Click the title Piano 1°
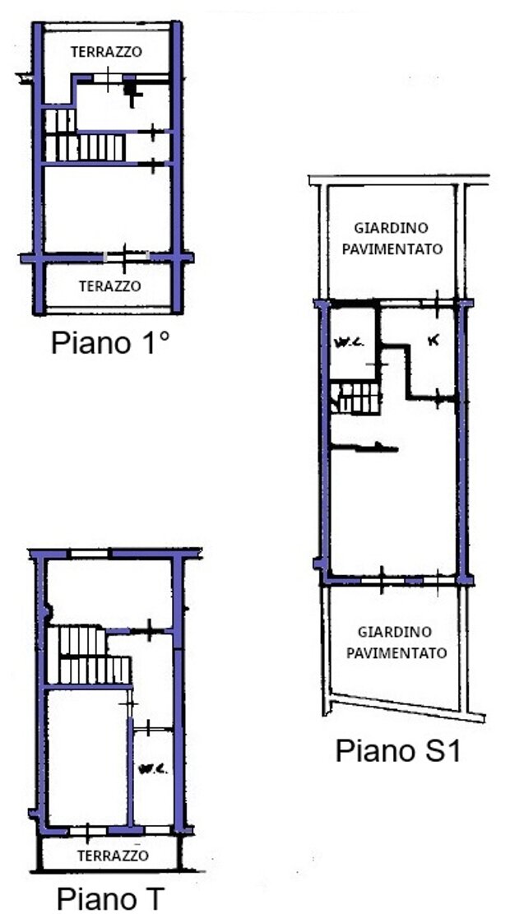point(111,343)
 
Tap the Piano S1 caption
point(398,751)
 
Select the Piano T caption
point(111,898)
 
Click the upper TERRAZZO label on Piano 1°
point(106,51)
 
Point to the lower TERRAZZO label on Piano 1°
point(110,286)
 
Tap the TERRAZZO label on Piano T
point(113,856)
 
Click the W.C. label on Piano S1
point(349,343)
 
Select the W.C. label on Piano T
point(153,769)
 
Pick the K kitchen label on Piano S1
point(433,342)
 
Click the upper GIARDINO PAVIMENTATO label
point(392,238)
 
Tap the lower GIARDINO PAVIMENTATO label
point(396,642)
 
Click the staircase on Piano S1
point(356,398)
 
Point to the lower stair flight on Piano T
point(95,670)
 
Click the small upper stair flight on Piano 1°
point(60,121)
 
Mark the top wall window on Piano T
point(90,553)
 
